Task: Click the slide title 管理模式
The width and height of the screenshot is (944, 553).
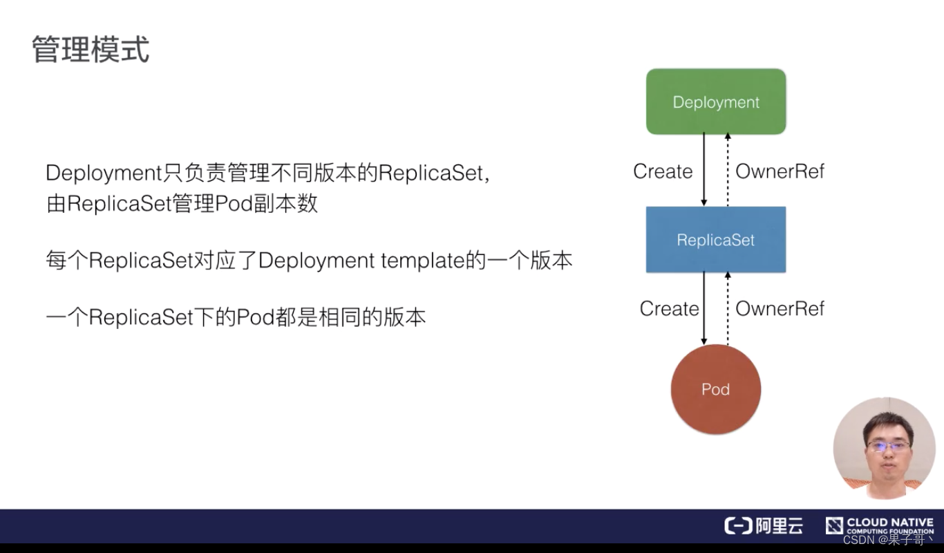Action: tap(91, 50)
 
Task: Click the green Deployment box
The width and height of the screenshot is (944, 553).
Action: tap(716, 102)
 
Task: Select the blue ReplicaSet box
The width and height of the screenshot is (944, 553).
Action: tap(716, 240)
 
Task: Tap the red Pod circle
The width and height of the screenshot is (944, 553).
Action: tap(716, 389)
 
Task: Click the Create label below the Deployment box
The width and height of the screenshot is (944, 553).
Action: tap(663, 171)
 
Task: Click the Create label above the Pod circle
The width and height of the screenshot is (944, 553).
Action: tap(669, 308)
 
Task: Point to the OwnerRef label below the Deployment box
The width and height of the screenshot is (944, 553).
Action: tap(780, 171)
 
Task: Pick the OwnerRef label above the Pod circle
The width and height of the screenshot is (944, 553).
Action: tap(780, 308)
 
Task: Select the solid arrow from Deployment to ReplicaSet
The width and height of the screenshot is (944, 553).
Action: tap(704, 169)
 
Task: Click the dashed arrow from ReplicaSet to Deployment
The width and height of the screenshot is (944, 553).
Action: tap(728, 169)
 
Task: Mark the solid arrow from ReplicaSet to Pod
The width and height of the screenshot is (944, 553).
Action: tap(704, 308)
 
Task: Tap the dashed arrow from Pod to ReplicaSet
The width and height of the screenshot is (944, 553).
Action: tap(728, 308)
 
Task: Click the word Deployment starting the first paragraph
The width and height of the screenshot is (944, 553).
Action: tap(103, 173)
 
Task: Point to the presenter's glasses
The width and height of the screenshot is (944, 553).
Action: tap(889, 446)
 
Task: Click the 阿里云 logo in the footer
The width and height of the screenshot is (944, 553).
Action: tap(764, 526)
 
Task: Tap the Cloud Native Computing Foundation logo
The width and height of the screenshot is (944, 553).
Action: tap(880, 525)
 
